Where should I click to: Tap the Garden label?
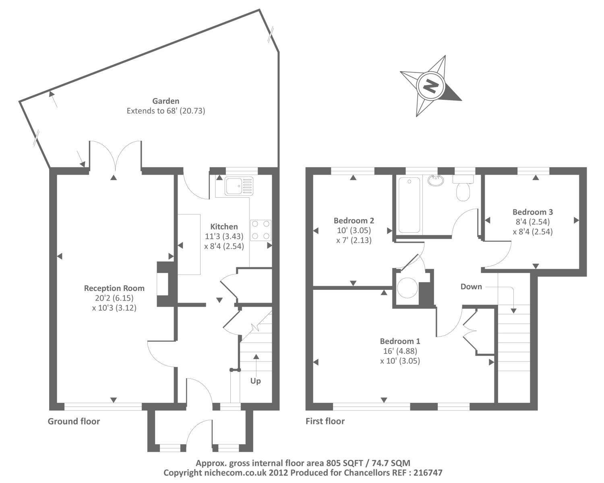click(165, 101)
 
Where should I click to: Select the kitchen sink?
click(239, 186)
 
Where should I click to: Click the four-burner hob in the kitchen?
click(261, 230)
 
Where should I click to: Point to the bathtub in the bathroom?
click(409, 205)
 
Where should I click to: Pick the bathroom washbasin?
click(436, 181)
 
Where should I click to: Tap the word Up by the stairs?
click(256, 381)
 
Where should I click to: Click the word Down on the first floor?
click(471, 287)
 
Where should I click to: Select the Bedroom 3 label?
click(532, 212)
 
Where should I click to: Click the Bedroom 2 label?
click(354, 221)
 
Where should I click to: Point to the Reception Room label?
click(114, 288)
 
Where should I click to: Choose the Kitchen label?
click(224, 227)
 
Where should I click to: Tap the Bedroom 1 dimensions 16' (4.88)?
click(400, 351)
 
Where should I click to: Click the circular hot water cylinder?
click(407, 287)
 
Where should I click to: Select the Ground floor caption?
click(74, 421)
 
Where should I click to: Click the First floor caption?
click(325, 421)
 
